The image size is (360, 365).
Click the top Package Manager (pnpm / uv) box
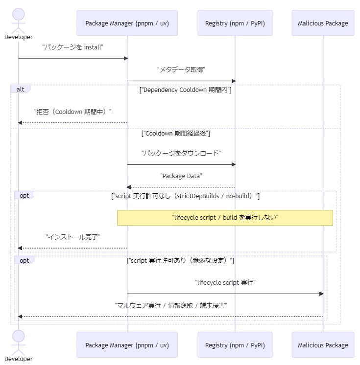click(127, 23)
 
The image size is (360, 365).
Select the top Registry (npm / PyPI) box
click(235, 23)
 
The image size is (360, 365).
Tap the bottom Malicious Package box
click(323, 345)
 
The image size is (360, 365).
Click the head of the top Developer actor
click(19, 14)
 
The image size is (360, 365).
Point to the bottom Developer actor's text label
click(19, 359)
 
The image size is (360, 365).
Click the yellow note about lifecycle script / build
click(225, 218)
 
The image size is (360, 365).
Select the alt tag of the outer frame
click(20, 89)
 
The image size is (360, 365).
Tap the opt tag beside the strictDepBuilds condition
click(24, 196)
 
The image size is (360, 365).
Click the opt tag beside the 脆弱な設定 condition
click(24, 260)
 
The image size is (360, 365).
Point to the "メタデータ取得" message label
click(181, 69)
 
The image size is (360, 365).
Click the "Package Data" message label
click(181, 176)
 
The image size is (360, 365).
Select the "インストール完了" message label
click(72, 237)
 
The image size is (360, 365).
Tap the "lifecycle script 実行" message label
click(225, 283)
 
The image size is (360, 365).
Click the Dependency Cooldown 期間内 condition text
click(185, 90)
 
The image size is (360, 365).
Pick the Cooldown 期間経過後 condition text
click(175, 134)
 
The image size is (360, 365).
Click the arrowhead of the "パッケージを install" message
click(126, 58)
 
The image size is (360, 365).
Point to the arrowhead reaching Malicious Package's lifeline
click(322, 294)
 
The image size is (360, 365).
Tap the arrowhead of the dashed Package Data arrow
click(129, 187)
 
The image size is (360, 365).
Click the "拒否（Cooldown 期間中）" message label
click(72, 112)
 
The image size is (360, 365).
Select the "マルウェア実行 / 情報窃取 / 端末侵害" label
click(171, 305)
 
